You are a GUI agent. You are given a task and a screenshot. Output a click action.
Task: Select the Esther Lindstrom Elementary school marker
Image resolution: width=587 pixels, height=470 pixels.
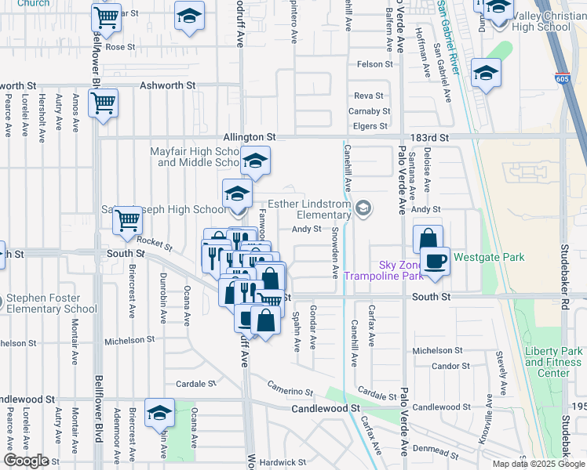pos(363,208)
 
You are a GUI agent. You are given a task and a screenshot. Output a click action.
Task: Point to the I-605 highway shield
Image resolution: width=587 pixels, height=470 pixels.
pos(562,78)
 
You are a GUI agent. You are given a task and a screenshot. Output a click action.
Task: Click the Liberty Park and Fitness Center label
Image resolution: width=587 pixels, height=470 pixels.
pos(553,362)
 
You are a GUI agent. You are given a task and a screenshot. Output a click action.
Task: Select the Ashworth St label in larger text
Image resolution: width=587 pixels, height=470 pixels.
pos(167,85)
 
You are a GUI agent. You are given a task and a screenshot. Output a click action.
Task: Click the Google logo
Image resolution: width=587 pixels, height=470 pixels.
pos(26,461)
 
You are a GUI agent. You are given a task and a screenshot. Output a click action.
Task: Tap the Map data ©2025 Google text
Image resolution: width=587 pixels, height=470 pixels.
pos(538,464)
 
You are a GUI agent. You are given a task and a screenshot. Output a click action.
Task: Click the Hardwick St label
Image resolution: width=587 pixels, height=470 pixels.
pos(281,463)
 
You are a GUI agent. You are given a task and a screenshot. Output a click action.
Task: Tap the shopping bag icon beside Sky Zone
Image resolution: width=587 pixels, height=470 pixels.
pos(428,239)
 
